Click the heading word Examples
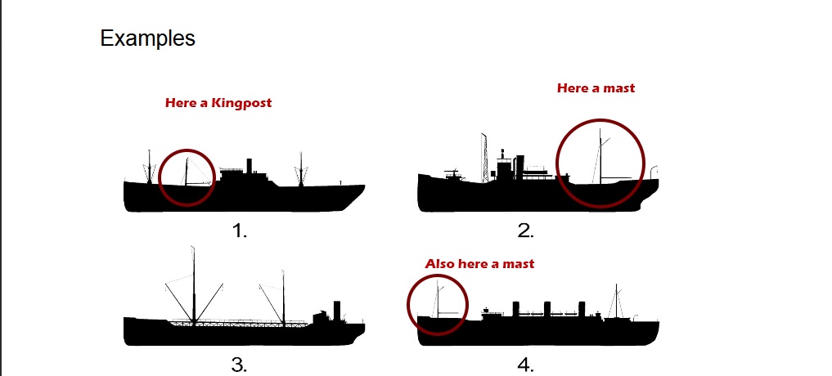tap(147, 38)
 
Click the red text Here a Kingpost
tap(218, 103)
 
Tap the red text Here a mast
tap(596, 88)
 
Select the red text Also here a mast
tap(479, 264)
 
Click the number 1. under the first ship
tap(239, 231)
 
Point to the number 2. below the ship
tap(525, 231)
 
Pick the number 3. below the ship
tap(239, 365)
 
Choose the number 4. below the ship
tap(525, 365)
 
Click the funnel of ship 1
tap(249, 166)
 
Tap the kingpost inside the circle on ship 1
tap(187, 172)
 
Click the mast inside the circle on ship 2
tap(601, 155)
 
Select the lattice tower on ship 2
tap(485, 155)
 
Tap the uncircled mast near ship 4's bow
tap(618, 302)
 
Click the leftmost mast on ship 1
tap(150, 168)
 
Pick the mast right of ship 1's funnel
tap(301, 168)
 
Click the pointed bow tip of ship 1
tap(363, 187)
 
